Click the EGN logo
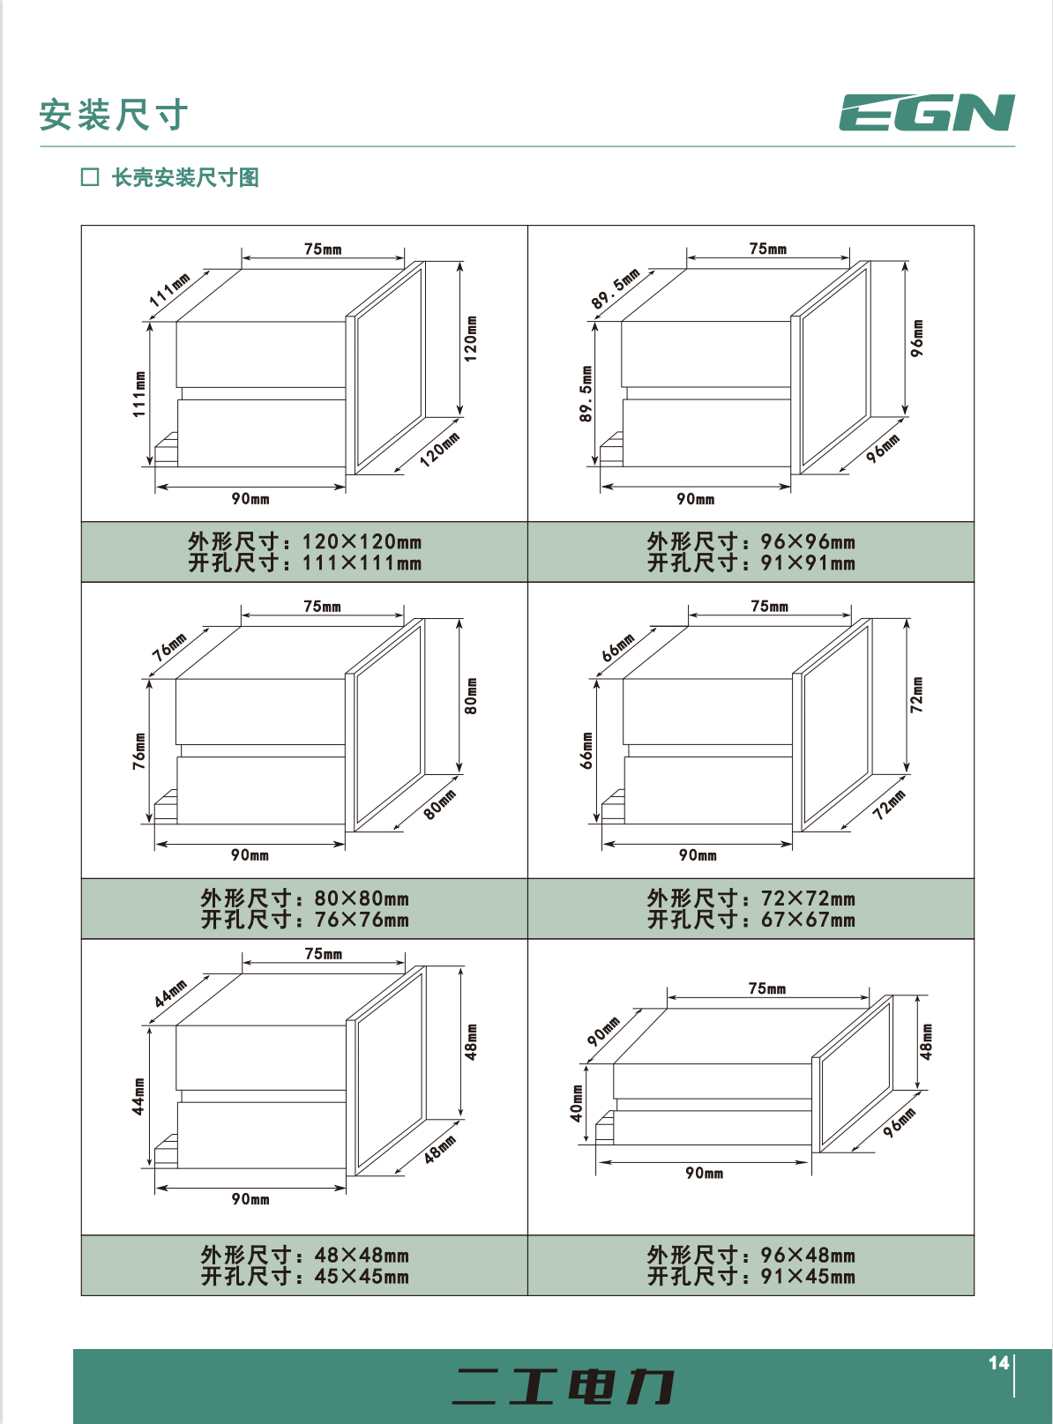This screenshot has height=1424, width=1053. coord(927,112)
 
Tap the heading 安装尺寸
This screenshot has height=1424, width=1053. coord(114,115)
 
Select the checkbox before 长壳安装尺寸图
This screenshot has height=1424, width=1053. coord(90,177)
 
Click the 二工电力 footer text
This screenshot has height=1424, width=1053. coord(563,1386)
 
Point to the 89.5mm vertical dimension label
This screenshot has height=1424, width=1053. coord(586,393)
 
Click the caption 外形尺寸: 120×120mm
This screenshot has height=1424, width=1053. coord(305,541)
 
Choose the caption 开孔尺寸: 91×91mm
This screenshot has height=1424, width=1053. coord(751,563)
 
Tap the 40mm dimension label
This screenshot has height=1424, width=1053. coord(577,1103)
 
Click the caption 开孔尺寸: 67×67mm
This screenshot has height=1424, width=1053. coord(751,920)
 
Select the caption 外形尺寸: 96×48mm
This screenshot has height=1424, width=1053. coord(751,1255)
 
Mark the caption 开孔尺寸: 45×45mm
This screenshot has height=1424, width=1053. coord(305,1276)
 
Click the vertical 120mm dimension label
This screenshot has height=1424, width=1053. coord(471,339)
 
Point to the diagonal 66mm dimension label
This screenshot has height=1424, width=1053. coord(617,647)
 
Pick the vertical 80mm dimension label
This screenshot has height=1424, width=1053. coord(471,696)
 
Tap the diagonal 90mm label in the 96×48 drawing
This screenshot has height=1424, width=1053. coord(603,1031)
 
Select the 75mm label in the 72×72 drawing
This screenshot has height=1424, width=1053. coord(769,606)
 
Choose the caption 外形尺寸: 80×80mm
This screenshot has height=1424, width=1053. coord(305,898)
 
